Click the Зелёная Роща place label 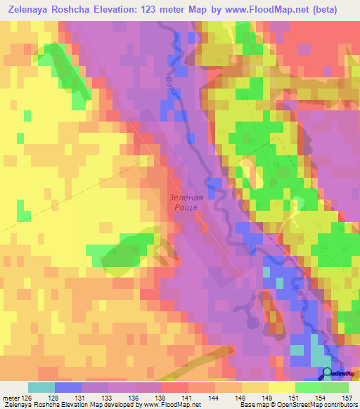pyautogui.click(x=186, y=203)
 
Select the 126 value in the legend pyautogui.click(x=30, y=397)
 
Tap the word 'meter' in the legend pyautogui.click(x=11, y=397)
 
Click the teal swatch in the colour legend pyautogui.click(x=41, y=387)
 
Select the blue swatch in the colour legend pyautogui.click(x=67, y=387)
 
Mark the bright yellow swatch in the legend pyautogui.click(x=281, y=387)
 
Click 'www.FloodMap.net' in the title pyautogui.click(x=260, y=10)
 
